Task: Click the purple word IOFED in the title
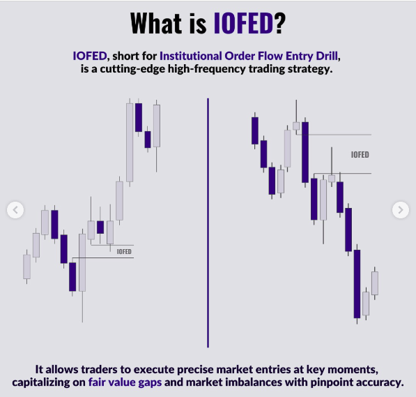click(x=243, y=23)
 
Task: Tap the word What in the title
click(x=156, y=23)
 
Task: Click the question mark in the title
click(x=280, y=23)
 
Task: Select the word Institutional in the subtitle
click(x=191, y=56)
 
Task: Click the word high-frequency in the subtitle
click(x=207, y=69)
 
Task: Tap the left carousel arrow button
click(x=15, y=210)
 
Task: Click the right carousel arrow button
click(x=401, y=210)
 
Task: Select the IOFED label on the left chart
click(x=124, y=251)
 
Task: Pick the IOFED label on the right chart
click(x=360, y=155)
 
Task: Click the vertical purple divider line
click(x=208, y=223)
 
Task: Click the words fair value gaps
click(x=125, y=382)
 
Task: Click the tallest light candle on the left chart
click(x=130, y=142)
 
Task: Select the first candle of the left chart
click(x=26, y=267)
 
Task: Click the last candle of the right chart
click(x=375, y=283)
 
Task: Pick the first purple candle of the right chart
click(x=255, y=130)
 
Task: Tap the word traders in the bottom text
click(x=99, y=370)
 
